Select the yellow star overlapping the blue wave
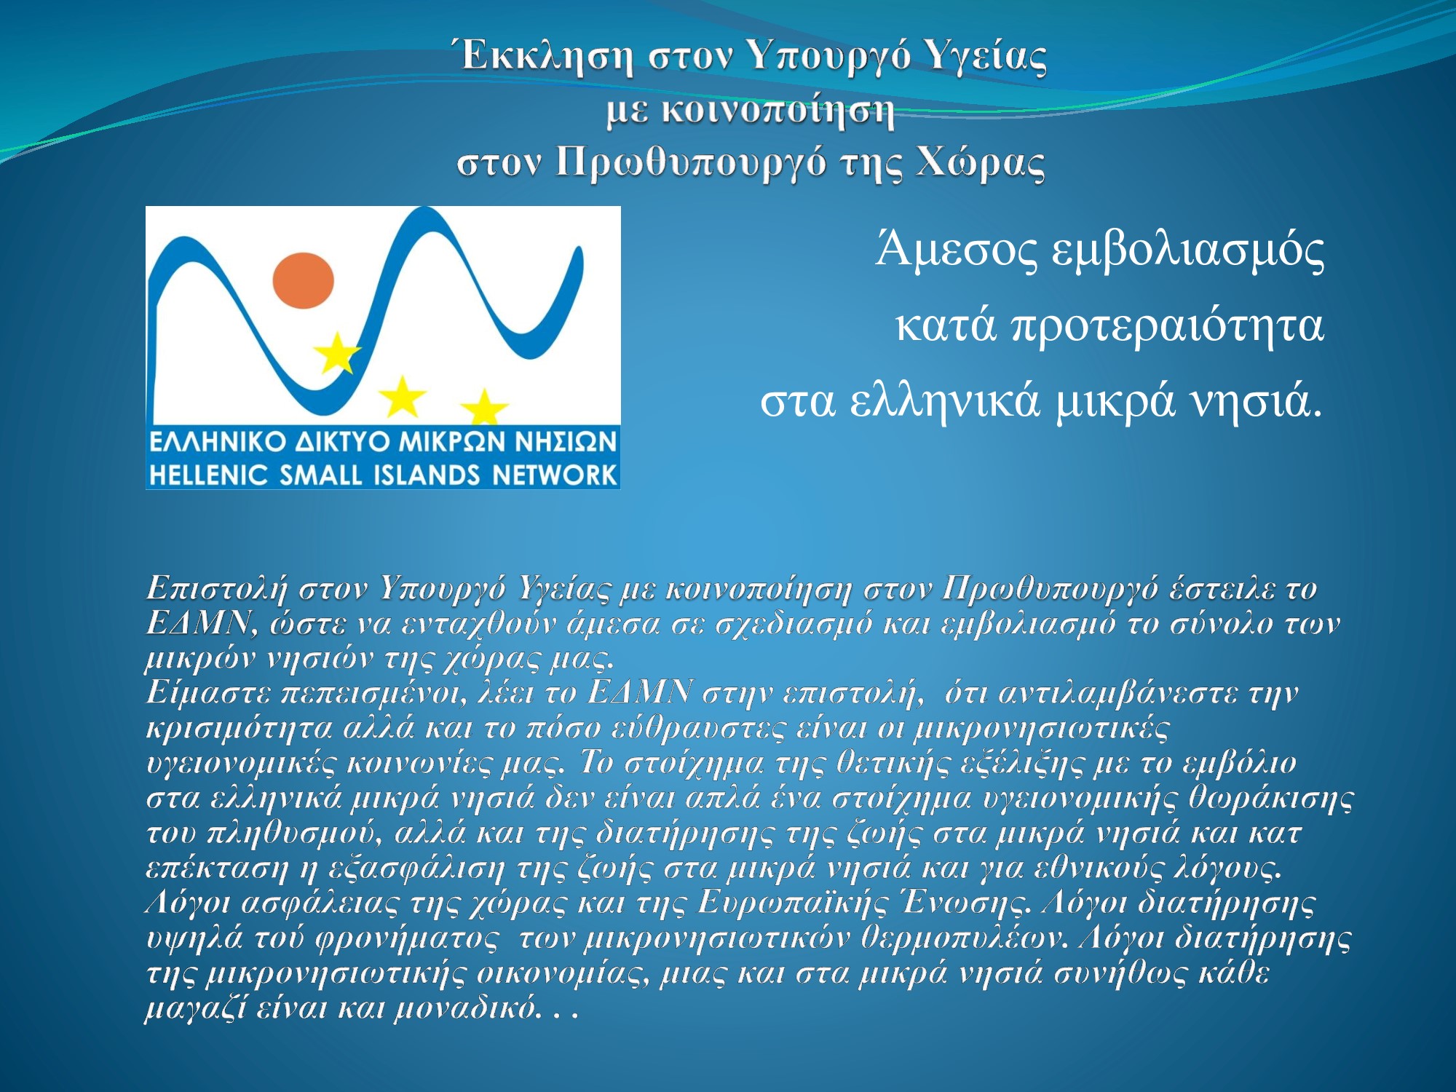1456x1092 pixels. pyautogui.click(x=336, y=353)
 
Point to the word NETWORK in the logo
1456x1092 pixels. pyautogui.click(x=554, y=475)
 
